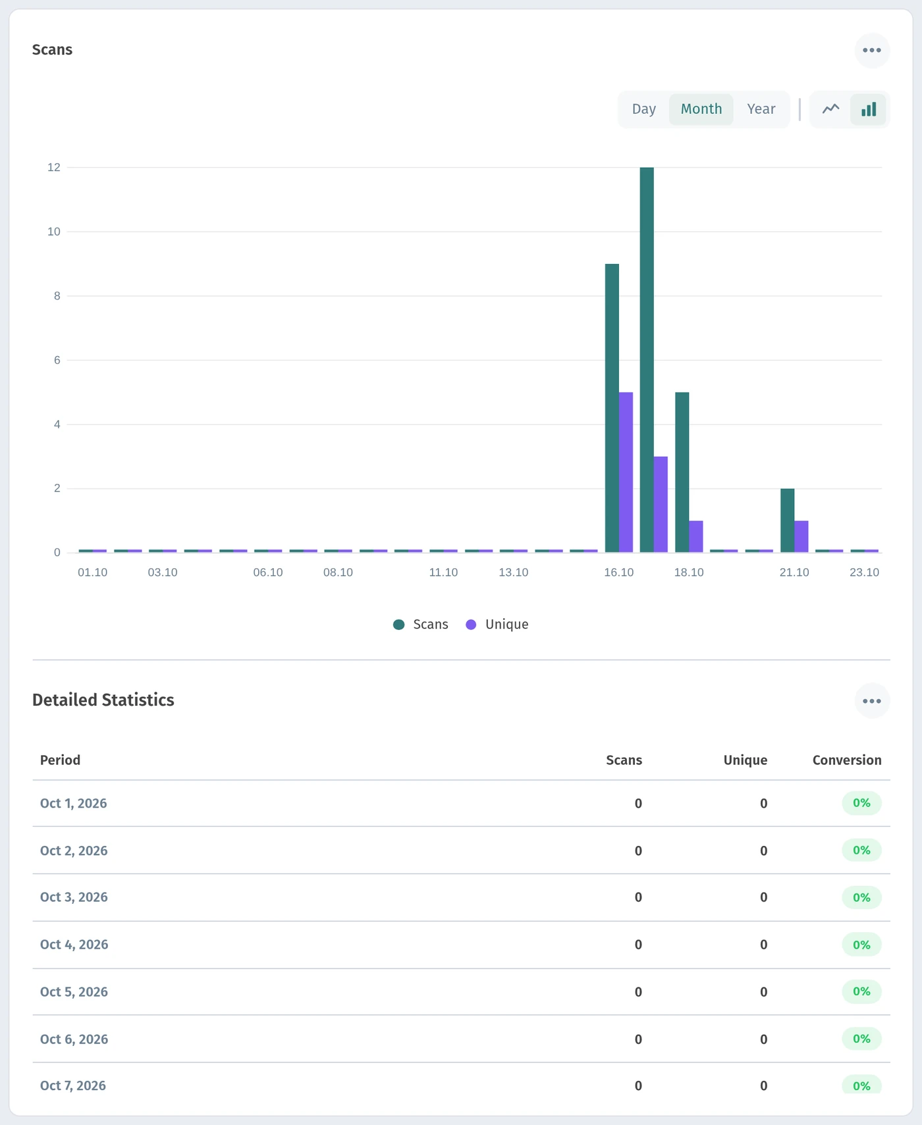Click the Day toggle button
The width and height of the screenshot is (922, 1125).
[x=643, y=109]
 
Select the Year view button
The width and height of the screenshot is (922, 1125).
[x=761, y=109]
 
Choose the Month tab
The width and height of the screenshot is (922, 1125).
[x=701, y=109]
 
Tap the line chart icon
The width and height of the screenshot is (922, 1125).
[x=830, y=109]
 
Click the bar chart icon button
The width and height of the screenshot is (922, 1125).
[x=869, y=109]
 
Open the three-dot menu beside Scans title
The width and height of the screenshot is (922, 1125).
[x=872, y=50]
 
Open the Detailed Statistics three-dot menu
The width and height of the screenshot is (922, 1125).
[x=872, y=701]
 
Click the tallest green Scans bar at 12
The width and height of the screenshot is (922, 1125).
[x=647, y=359]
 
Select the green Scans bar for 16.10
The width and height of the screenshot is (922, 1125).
[x=612, y=408]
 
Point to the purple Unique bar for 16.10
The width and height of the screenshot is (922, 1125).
[x=626, y=472]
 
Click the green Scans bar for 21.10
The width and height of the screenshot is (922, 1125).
[x=787, y=520]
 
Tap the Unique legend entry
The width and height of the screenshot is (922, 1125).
[x=497, y=625]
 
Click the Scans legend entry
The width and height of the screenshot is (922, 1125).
[x=421, y=625]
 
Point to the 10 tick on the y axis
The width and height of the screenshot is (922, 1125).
[x=53, y=232]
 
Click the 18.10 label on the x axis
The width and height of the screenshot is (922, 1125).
[x=689, y=573]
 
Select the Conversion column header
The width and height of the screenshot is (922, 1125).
[x=847, y=760]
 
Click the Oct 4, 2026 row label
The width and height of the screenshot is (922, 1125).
[x=74, y=945]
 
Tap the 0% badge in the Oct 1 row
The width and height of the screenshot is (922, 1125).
[x=861, y=803]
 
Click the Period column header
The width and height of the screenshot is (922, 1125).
[x=60, y=760]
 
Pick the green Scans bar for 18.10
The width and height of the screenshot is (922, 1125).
[x=682, y=472]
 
